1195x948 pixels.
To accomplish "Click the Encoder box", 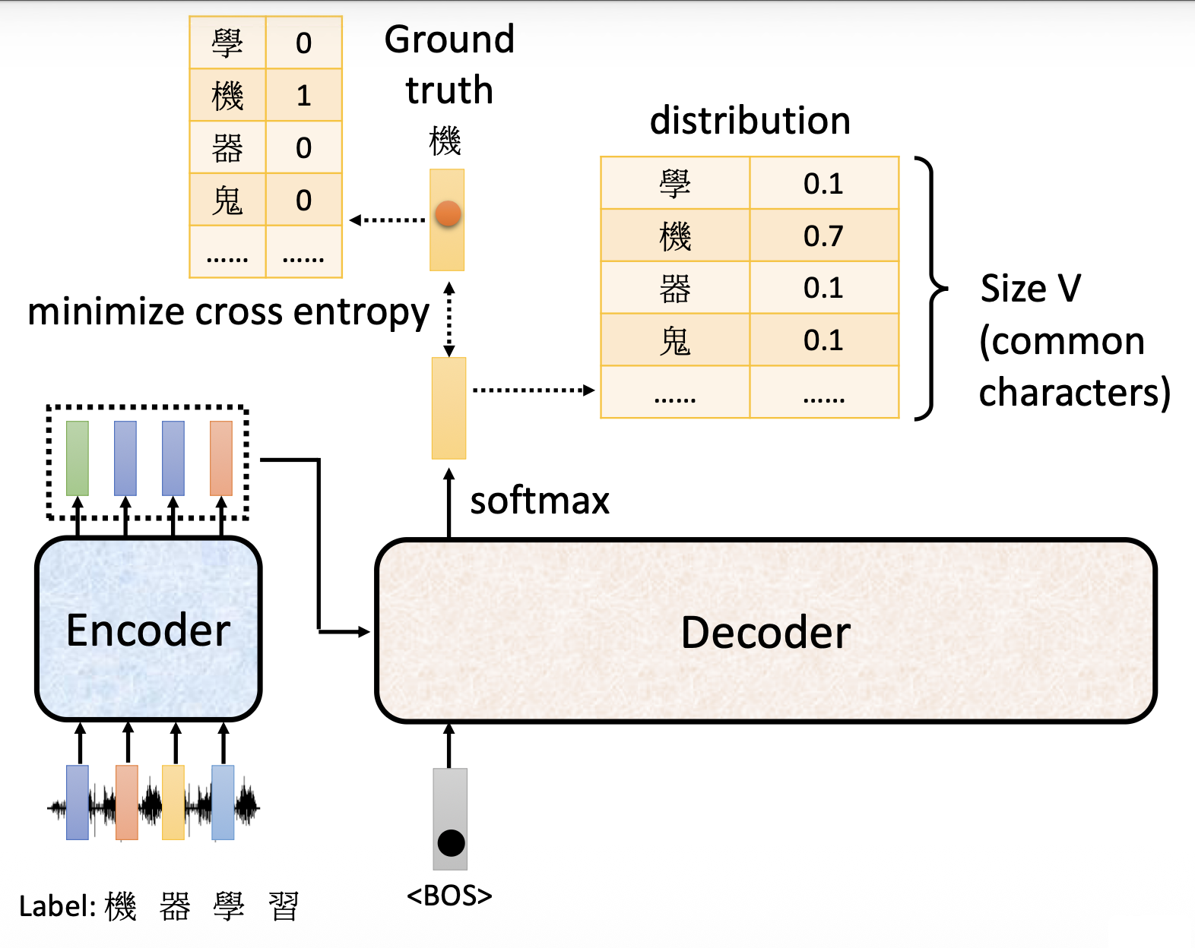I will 148,629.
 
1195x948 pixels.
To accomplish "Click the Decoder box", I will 765,631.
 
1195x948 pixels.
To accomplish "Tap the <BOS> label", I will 449,896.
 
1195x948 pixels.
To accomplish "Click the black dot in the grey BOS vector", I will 451,842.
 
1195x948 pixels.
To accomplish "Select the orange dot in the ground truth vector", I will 448,214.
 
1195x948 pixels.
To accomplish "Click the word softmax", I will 540,501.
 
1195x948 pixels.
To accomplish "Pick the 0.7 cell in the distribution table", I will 824,236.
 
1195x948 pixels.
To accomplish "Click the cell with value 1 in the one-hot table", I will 303,96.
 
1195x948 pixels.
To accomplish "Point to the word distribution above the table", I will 750,121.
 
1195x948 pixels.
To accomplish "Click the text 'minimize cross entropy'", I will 228,312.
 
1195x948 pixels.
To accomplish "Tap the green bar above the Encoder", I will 78,458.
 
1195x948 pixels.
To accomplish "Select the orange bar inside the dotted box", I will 220,458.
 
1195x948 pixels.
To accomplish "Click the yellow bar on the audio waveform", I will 173,802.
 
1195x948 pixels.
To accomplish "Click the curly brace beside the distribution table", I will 930,289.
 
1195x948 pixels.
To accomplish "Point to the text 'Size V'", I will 1030,289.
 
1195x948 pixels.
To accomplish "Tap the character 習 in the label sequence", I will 284,907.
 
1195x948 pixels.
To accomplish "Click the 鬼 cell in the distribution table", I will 675,341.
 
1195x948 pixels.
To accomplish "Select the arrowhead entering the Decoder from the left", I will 364,631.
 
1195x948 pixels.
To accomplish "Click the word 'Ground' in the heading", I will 449,39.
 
